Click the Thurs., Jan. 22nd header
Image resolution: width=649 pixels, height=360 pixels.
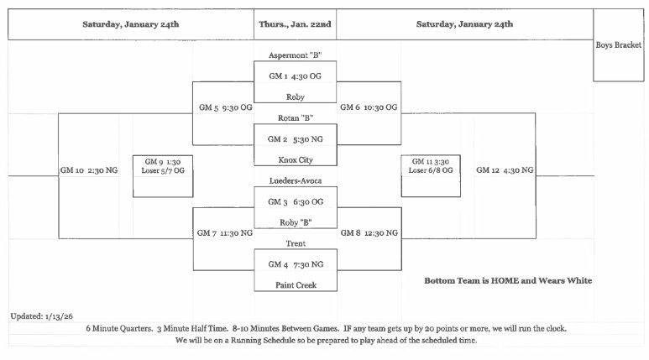click(295, 24)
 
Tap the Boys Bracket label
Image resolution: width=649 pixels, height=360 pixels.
click(619, 44)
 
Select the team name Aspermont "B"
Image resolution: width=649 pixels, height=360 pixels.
click(295, 55)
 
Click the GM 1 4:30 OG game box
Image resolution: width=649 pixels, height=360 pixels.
click(295, 76)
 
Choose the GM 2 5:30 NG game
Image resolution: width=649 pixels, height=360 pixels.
click(295, 138)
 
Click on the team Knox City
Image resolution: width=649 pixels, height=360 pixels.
click(295, 159)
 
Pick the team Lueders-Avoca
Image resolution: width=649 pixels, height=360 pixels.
click(295, 180)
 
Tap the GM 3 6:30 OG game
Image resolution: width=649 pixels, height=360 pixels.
click(295, 201)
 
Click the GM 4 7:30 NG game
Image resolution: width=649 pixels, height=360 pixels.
click(295, 263)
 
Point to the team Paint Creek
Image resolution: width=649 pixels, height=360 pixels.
click(295, 284)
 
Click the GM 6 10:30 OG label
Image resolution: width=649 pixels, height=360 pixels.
click(368, 107)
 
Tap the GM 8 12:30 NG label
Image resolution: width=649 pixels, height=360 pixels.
click(369, 232)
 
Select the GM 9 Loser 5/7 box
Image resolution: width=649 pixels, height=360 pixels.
click(163, 175)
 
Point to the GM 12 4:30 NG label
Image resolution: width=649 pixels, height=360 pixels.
click(504, 170)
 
